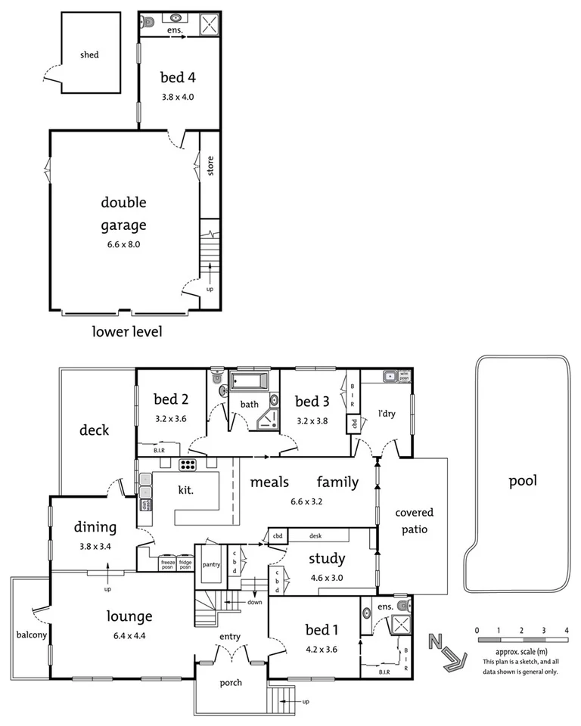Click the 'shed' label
[x=90, y=55]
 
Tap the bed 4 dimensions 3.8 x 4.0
[x=179, y=97]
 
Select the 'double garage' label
[x=123, y=213]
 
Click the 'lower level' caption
[x=127, y=331]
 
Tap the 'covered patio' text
[x=414, y=521]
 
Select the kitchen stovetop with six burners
[x=188, y=464]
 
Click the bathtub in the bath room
[x=254, y=381]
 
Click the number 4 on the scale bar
[x=566, y=629]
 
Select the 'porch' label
[x=231, y=683]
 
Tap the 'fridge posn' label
[x=185, y=563]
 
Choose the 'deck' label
[x=95, y=430]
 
